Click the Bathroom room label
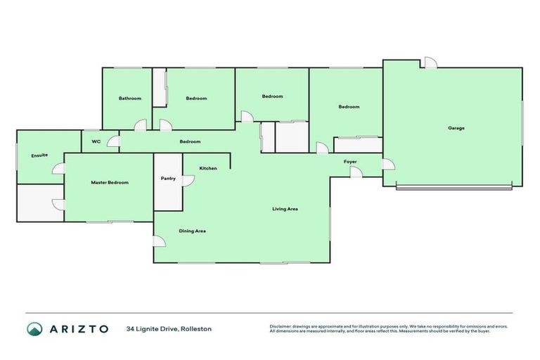[129, 98]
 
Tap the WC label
[96, 141]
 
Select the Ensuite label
[39, 155]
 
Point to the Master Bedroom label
[110, 183]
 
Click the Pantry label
[168, 179]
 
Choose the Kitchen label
[208, 169]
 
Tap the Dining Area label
[192, 231]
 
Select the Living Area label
[285, 209]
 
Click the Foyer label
[350, 162]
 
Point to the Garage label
[456, 128]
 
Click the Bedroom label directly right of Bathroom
[196, 98]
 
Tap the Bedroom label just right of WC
[190, 141]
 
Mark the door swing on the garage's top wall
[430, 63]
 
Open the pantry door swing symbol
[188, 181]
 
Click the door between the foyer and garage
[388, 165]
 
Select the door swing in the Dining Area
[160, 241]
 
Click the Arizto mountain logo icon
[34, 329]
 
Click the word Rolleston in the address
[195, 329]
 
